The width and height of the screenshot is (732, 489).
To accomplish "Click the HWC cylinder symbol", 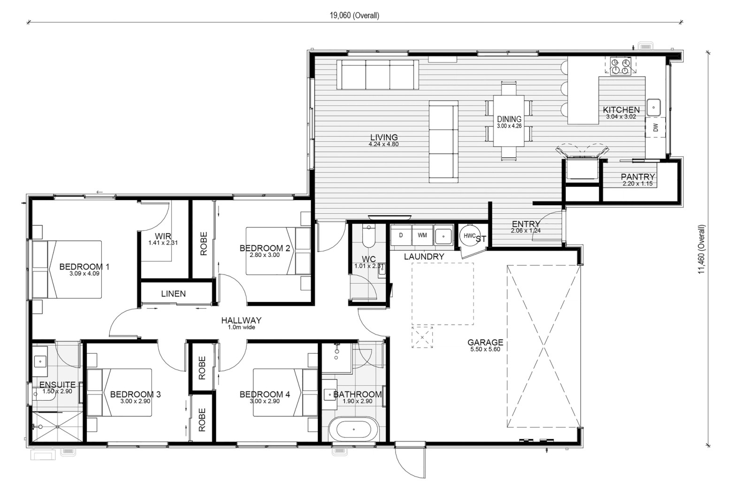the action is pyautogui.click(x=470, y=235).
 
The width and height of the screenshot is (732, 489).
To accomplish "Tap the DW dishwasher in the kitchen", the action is pyautogui.click(x=656, y=128).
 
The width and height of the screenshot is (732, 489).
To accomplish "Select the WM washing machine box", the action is pyautogui.click(x=422, y=235).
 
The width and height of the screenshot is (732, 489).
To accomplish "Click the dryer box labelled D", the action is pyautogui.click(x=401, y=235).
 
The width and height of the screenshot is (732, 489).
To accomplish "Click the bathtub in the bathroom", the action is pyautogui.click(x=354, y=429).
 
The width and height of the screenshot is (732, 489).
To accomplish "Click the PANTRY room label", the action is pyautogui.click(x=638, y=177).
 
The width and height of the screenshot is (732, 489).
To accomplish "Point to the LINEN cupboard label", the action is pyautogui.click(x=174, y=294).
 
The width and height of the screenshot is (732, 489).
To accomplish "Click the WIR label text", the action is pyautogui.click(x=163, y=236).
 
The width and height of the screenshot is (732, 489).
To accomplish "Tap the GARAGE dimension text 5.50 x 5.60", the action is pyautogui.click(x=485, y=349).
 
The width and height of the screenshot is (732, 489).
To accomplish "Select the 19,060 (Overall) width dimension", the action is pyautogui.click(x=355, y=16).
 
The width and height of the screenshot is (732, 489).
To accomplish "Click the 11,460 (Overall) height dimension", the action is pyautogui.click(x=702, y=249).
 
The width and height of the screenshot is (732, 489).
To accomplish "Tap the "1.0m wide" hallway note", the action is pyautogui.click(x=242, y=327).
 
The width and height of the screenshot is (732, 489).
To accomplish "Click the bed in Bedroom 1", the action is pyautogui.click(x=67, y=270).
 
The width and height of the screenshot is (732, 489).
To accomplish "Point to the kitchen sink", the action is pyautogui.click(x=654, y=107).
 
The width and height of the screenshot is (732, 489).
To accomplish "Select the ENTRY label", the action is pyautogui.click(x=526, y=224).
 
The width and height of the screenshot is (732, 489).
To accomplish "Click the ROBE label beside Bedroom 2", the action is pyautogui.click(x=204, y=244).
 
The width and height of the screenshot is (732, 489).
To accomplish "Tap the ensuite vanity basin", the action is pyautogui.click(x=40, y=361).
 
